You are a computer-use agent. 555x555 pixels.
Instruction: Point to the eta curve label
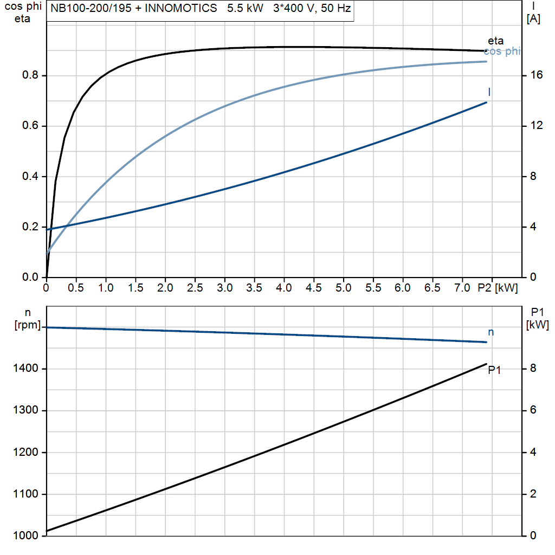[x=495, y=41]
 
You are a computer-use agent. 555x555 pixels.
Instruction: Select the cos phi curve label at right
[x=502, y=51]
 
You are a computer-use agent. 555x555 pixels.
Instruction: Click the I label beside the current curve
[x=489, y=92]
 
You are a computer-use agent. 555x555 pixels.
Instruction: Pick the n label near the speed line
[x=491, y=332]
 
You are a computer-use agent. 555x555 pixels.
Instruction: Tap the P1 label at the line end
[x=494, y=370]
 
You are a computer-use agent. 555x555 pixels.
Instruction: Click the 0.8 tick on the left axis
[x=29, y=75]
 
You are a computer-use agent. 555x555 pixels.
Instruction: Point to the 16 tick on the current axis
[x=537, y=75]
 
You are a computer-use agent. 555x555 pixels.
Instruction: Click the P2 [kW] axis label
[x=498, y=288]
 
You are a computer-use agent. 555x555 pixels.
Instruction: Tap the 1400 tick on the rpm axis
[x=25, y=369]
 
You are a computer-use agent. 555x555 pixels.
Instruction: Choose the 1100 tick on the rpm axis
[x=25, y=494]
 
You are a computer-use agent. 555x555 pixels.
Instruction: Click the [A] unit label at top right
[x=533, y=20]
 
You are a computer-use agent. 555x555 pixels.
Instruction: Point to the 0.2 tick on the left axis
[x=29, y=227]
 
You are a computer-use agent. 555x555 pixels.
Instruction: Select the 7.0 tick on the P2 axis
[x=462, y=288]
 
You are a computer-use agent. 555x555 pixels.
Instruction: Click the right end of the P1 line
[x=486, y=364]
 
